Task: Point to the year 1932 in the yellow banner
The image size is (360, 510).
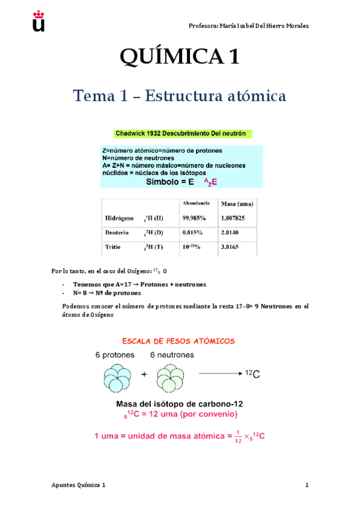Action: [x=159, y=133]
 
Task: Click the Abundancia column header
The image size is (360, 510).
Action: [x=195, y=204]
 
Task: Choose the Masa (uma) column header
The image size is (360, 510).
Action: [x=236, y=204]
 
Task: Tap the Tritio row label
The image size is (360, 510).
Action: [x=113, y=247]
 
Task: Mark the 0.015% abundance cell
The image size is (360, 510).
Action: [x=192, y=232]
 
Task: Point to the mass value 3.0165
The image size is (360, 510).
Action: [x=232, y=247]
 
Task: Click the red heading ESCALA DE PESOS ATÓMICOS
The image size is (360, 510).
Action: [x=178, y=341]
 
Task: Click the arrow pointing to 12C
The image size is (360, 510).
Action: [x=219, y=374]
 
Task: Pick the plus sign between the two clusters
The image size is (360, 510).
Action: [x=144, y=374]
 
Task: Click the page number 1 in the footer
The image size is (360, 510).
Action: [x=307, y=485]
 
